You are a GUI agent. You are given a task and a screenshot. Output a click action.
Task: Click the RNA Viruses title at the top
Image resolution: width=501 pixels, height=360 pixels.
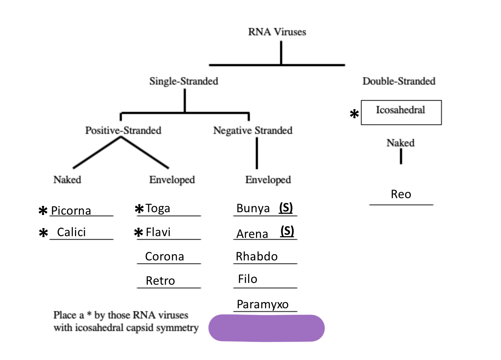click(277, 32)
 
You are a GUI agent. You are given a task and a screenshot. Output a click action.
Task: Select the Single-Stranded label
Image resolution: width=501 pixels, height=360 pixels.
click(184, 81)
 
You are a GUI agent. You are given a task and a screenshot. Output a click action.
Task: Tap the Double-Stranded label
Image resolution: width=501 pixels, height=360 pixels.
click(399, 81)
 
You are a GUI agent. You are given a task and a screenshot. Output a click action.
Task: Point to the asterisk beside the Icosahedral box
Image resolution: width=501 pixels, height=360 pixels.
click(354, 114)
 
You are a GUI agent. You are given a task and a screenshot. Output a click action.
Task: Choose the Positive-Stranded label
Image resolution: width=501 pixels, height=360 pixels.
click(123, 131)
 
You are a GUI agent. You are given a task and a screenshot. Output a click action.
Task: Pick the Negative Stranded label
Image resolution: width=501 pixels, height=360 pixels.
click(253, 131)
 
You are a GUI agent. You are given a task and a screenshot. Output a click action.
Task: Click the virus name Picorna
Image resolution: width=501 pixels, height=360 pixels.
click(71, 211)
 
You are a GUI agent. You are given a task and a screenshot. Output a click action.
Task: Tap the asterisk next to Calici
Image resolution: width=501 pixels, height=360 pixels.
click(43, 233)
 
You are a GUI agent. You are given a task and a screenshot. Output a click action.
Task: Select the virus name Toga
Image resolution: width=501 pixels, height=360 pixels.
click(158, 208)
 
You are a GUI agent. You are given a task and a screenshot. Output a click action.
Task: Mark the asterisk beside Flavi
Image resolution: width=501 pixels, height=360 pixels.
click(139, 232)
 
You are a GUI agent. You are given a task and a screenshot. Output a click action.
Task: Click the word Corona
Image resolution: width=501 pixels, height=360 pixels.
click(164, 257)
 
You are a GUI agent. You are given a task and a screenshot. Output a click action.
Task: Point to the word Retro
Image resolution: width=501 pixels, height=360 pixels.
click(160, 281)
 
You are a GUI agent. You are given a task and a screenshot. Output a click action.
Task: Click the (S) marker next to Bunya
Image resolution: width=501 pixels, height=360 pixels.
click(286, 208)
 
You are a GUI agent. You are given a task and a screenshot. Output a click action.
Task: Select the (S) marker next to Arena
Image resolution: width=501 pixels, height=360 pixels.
click(287, 231)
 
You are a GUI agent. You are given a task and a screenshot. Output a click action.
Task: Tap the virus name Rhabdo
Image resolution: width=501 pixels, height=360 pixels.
click(257, 257)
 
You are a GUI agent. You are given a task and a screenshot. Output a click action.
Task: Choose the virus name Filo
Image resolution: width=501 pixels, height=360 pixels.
click(248, 279)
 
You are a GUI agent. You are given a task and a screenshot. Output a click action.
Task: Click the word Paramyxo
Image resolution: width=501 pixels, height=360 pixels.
click(263, 304)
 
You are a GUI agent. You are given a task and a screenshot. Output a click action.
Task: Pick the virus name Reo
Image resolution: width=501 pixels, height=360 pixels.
click(401, 194)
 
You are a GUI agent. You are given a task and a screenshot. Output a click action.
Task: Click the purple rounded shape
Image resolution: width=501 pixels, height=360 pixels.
click(267, 328)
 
